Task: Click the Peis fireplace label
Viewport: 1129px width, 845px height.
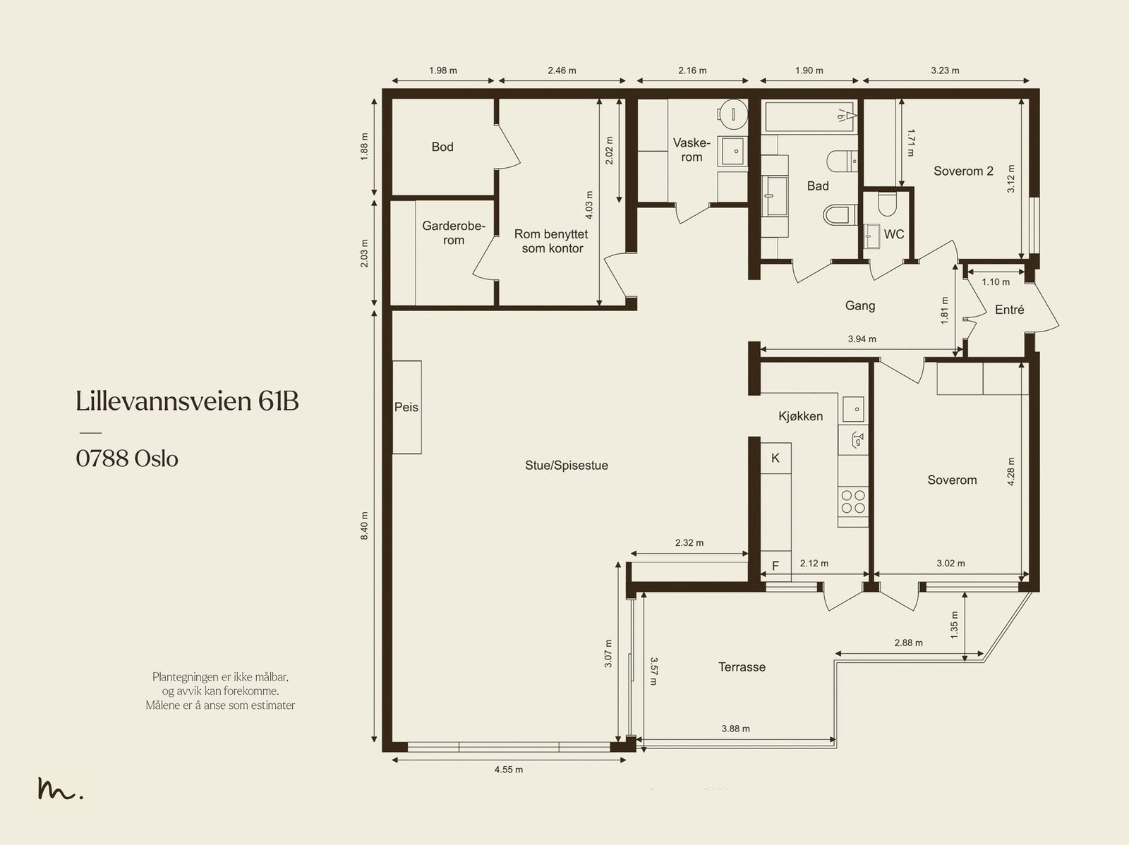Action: click(406, 407)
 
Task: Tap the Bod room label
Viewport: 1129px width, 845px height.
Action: click(442, 147)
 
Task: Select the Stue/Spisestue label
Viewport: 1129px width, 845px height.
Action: click(567, 465)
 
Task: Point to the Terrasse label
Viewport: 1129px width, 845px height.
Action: click(742, 667)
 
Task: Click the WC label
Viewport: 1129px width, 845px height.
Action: click(894, 234)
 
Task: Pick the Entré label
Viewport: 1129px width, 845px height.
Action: click(1009, 310)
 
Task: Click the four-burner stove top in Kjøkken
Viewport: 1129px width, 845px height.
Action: click(853, 501)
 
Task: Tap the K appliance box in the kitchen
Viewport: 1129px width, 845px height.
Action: click(775, 458)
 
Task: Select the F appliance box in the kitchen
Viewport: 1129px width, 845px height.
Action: click(775, 566)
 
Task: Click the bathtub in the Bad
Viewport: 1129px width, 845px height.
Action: click(809, 116)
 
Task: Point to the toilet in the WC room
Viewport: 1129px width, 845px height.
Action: click(888, 204)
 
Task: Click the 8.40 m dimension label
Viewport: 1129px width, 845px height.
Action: click(364, 525)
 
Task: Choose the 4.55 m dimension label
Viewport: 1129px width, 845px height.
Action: click(508, 770)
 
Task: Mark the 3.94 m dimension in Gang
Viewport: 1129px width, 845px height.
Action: click(862, 339)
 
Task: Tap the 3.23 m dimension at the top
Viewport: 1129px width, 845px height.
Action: click(945, 71)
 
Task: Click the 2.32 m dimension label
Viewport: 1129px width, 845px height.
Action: click(689, 543)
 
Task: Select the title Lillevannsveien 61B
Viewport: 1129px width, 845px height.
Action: click(187, 401)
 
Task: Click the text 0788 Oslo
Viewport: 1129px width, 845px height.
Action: click(127, 458)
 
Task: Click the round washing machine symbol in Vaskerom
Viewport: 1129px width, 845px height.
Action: click(733, 115)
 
